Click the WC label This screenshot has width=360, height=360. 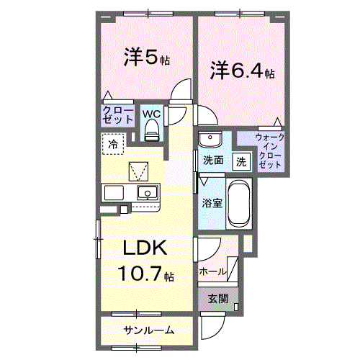pos(151,113)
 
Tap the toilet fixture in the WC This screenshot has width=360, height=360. pos(152,130)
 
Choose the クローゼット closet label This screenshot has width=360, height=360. pos(117,115)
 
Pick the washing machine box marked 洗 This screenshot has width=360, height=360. pos(242,161)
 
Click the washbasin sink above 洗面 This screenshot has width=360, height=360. pos(210,139)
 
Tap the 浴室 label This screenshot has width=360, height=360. pos(212,202)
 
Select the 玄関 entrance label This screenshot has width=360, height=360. pos(217,298)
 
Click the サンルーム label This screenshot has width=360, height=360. pos(148,330)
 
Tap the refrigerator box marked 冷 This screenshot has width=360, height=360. pos(113,144)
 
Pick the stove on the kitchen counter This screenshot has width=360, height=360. pos(114,192)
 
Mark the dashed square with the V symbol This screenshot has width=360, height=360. pos(138,171)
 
